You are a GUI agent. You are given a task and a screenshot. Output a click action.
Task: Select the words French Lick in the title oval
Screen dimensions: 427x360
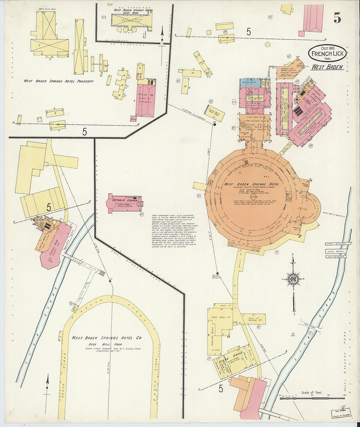(326, 54)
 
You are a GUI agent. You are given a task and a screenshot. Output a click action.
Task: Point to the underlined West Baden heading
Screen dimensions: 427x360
(327, 67)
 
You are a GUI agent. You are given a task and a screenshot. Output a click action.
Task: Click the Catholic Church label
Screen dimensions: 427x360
(121, 200)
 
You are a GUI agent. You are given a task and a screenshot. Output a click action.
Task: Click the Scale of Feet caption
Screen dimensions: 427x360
(312, 392)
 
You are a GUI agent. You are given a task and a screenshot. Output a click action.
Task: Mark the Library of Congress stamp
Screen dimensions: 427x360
(340, 413)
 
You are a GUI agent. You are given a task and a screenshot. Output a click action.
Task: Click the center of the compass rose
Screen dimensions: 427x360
(293, 279)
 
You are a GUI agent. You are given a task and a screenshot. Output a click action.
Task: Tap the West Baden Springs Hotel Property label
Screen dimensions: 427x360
(58, 81)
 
